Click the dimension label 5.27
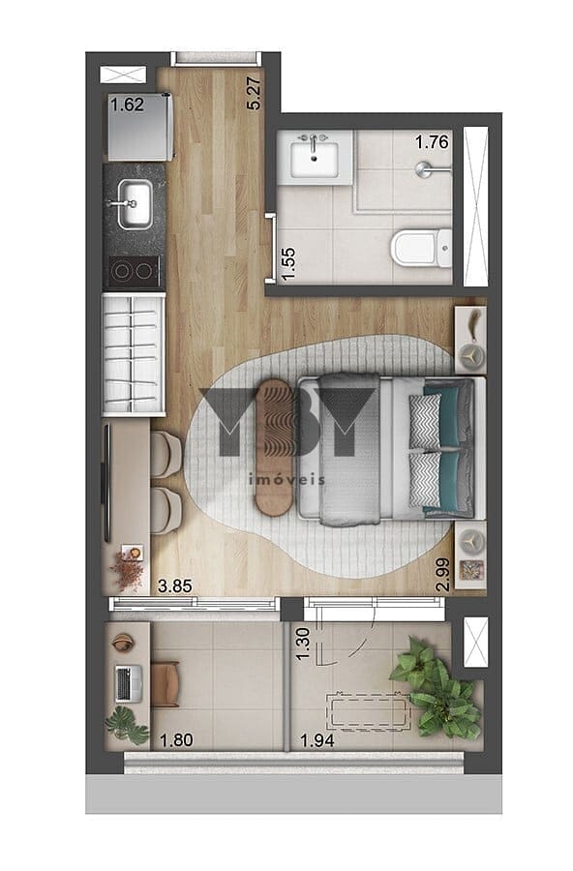(x=253, y=93)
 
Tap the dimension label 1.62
(x=127, y=105)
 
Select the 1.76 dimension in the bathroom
(x=432, y=142)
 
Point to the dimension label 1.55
(x=288, y=263)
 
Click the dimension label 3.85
(x=175, y=586)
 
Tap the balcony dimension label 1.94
(x=317, y=740)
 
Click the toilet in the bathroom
(x=421, y=248)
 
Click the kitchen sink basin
(x=135, y=204)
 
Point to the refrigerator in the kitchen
(x=140, y=127)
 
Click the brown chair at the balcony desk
(x=166, y=684)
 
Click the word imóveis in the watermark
(x=286, y=479)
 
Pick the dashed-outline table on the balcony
(x=368, y=711)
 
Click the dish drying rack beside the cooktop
(x=134, y=355)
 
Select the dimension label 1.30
(x=303, y=644)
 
